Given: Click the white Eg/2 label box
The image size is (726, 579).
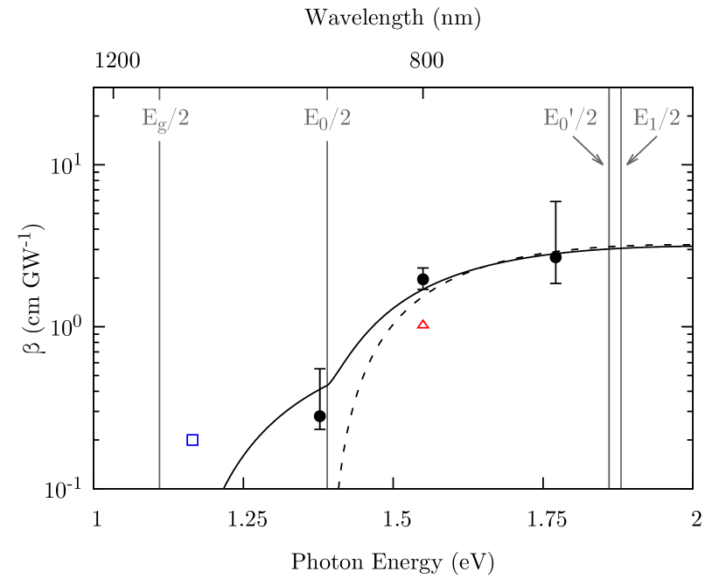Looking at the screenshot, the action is click(164, 120).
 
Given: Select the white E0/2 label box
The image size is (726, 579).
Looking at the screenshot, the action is click(327, 120).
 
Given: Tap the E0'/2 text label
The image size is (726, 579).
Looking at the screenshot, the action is click(569, 118).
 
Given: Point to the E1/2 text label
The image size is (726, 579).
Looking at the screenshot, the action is click(656, 118).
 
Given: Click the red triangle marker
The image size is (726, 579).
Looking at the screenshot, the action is click(423, 324).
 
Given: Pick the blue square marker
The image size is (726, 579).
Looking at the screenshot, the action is click(192, 440).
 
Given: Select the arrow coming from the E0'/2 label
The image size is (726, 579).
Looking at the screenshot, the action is click(586, 149).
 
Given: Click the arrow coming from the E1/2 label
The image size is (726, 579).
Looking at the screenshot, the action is click(643, 149).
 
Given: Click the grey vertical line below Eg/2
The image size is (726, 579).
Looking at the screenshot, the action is click(159, 306).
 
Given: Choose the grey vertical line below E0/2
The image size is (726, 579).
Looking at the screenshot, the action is click(327, 306).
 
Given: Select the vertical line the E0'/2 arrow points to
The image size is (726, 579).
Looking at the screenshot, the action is click(609, 350).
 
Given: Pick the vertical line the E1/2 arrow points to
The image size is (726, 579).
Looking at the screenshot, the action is click(621, 350).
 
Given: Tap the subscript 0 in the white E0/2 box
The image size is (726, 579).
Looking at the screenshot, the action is click(322, 123).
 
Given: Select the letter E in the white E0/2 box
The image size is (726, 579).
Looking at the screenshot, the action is click(310, 118).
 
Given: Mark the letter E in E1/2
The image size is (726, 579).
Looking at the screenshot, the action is click(639, 118).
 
